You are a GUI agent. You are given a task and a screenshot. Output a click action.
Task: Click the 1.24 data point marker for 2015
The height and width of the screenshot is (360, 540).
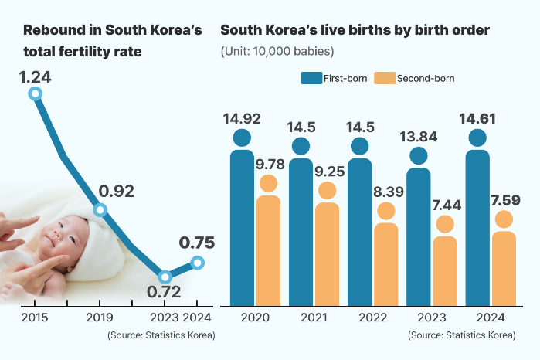tap(35, 93)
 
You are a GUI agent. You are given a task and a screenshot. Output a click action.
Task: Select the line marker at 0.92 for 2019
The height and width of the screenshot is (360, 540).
tap(100, 210)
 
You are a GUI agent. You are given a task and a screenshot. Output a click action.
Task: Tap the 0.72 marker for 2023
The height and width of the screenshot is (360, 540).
tap(164, 277)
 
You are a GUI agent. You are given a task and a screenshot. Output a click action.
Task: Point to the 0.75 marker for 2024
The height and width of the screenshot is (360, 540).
tap(197, 263)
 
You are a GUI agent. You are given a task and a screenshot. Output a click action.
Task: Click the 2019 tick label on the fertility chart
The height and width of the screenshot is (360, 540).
tap(100, 318)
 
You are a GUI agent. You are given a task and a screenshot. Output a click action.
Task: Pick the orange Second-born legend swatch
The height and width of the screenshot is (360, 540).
tap(384, 78)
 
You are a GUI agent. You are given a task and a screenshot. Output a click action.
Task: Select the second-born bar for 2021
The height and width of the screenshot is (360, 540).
tap(327, 251)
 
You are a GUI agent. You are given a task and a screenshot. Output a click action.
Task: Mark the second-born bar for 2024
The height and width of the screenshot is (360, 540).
tap(504, 267)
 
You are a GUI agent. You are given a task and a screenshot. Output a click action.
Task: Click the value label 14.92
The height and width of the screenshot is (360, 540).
tap(242, 119)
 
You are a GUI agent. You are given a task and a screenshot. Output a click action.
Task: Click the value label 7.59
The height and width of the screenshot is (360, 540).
tap(504, 200)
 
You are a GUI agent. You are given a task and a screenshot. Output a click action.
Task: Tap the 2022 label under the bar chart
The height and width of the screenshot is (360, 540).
tap(359, 318)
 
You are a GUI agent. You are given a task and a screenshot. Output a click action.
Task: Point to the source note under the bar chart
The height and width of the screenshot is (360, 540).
tap(461, 335)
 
